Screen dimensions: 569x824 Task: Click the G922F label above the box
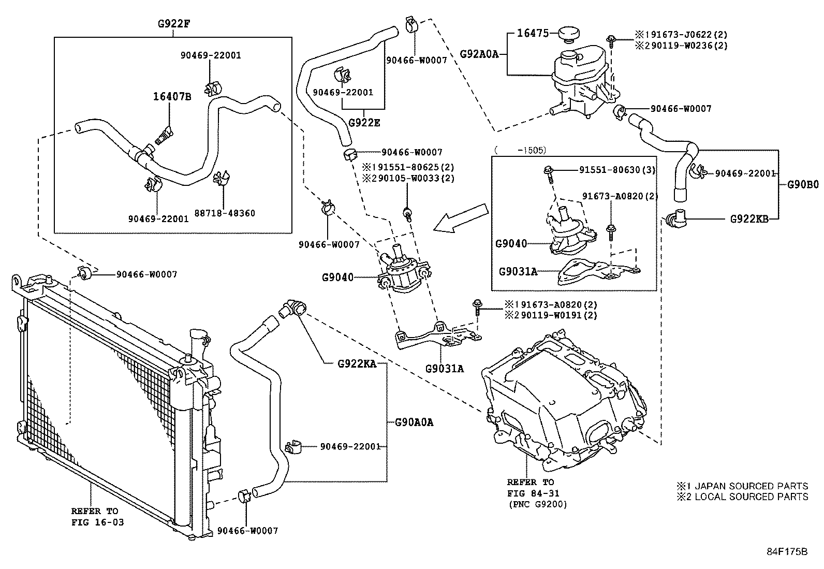point(173,23)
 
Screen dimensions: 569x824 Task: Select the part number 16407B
point(172,96)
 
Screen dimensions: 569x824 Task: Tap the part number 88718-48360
point(225,213)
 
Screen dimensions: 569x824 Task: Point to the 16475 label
point(533,34)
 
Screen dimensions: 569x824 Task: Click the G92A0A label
point(479,53)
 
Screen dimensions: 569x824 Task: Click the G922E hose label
point(364,123)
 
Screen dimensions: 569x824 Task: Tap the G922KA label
point(357,363)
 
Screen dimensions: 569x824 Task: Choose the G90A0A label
point(414,422)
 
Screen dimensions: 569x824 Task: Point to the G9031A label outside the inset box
point(445,369)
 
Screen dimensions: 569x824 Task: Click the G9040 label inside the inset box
point(511,243)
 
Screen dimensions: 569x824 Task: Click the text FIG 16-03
point(98,522)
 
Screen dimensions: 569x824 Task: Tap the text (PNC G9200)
point(537,504)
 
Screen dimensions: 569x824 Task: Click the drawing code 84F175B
point(787,551)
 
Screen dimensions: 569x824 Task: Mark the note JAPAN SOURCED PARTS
point(750,486)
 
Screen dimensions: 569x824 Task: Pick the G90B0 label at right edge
point(803,184)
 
